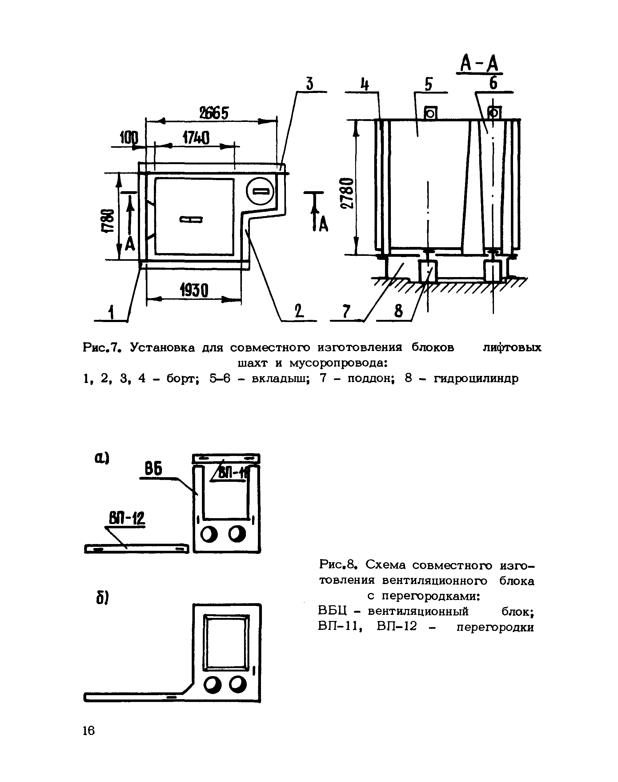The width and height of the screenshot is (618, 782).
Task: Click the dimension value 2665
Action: (x=214, y=114)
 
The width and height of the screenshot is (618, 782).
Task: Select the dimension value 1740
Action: (x=196, y=138)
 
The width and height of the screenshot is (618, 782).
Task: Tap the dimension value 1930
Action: (x=194, y=290)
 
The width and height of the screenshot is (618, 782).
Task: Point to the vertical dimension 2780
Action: (x=347, y=193)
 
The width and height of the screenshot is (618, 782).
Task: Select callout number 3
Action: (x=309, y=84)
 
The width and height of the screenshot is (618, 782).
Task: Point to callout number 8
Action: (x=398, y=311)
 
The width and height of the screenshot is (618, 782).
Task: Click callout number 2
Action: (x=299, y=311)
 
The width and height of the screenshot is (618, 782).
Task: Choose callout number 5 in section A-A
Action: (x=428, y=84)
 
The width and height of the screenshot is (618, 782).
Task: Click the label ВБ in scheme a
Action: (x=153, y=469)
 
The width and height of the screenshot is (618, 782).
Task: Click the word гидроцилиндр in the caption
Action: (x=476, y=378)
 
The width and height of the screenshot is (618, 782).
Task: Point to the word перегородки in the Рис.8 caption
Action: (x=495, y=627)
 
